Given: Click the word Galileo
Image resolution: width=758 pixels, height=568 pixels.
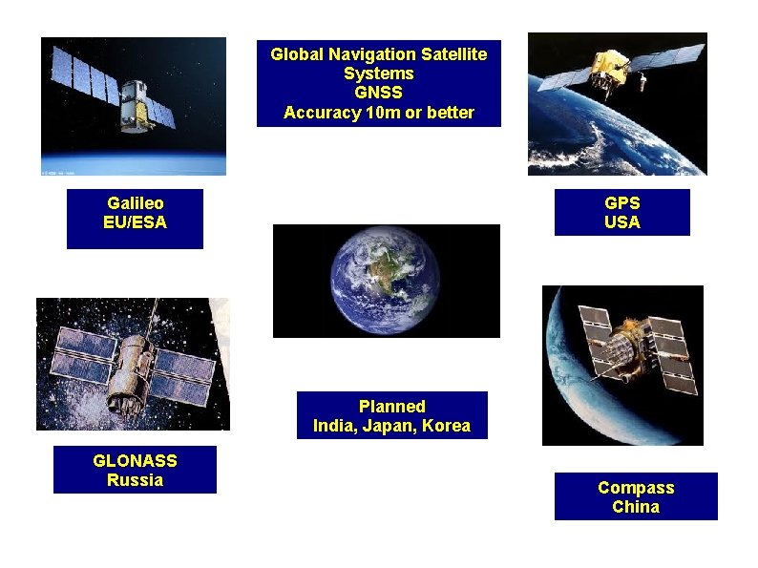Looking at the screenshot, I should point(135,203).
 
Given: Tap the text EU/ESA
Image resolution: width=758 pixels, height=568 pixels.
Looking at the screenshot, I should point(135,222).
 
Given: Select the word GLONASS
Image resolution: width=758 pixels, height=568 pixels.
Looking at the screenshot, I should point(135,460).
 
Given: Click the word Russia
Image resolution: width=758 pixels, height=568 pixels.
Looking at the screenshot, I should point(135,479).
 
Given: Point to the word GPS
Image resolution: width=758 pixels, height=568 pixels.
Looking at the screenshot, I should point(621,203).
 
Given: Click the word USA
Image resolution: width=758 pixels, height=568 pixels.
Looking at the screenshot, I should point(621,222).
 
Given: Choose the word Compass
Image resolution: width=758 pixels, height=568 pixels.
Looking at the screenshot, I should point(636,488).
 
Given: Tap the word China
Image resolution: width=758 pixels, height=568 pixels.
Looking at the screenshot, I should point(636,507).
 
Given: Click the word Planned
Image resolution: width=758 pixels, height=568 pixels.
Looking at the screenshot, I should point(391,407).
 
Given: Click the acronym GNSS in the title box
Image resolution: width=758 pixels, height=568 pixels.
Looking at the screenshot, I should point(378,93).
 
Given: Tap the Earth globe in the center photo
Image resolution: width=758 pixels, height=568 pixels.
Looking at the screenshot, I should point(386,280).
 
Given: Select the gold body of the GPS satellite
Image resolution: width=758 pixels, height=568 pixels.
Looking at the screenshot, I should point(607,66).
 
